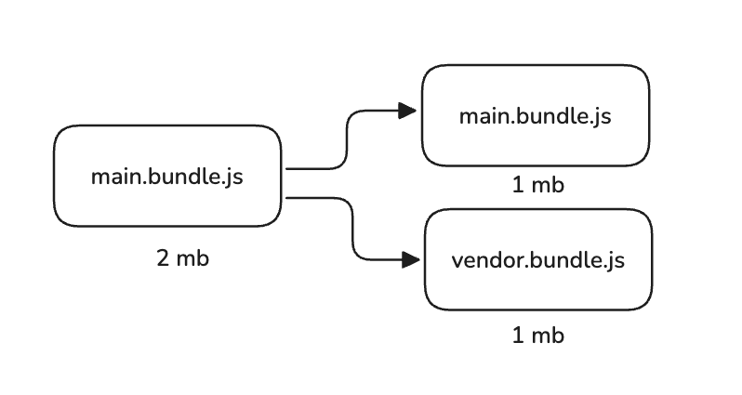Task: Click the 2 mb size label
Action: click(183, 258)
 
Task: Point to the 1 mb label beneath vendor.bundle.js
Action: click(538, 335)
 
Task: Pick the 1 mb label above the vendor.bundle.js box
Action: click(538, 185)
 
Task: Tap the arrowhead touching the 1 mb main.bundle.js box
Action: click(406, 111)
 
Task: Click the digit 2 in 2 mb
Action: click(163, 258)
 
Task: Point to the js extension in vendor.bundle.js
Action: click(613, 261)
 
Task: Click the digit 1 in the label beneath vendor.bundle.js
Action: click(518, 335)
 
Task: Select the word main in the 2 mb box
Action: click(113, 177)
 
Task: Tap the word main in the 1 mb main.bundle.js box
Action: click(481, 117)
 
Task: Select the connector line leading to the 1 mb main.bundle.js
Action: click(346, 139)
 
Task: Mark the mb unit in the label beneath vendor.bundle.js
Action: click(549, 335)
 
